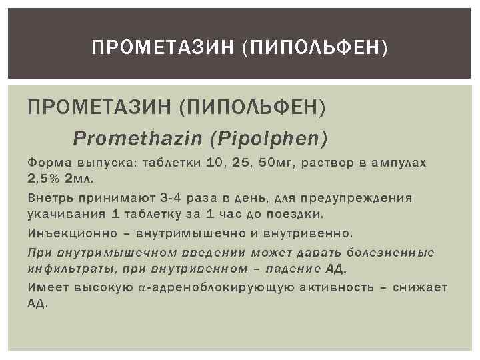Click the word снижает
[x=420, y=287]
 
